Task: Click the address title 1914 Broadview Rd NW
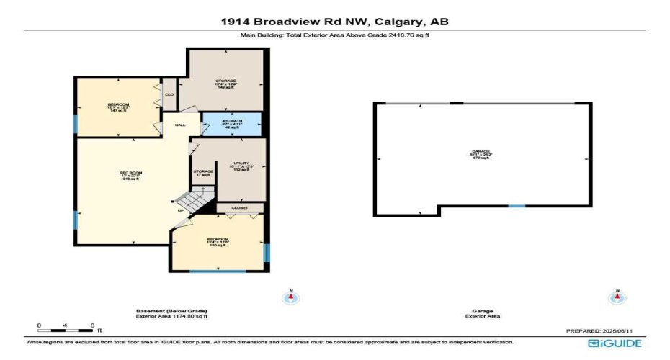tap(335, 22)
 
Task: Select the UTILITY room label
tap(241, 166)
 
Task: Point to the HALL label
tap(180, 125)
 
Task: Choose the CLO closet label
tap(169, 94)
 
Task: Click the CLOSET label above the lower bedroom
tap(239, 207)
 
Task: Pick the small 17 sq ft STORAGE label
tap(202, 173)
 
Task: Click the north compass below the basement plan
tap(291, 298)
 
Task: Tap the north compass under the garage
tap(617, 298)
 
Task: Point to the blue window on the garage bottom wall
tap(517, 207)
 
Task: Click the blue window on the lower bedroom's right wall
tap(267, 253)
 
